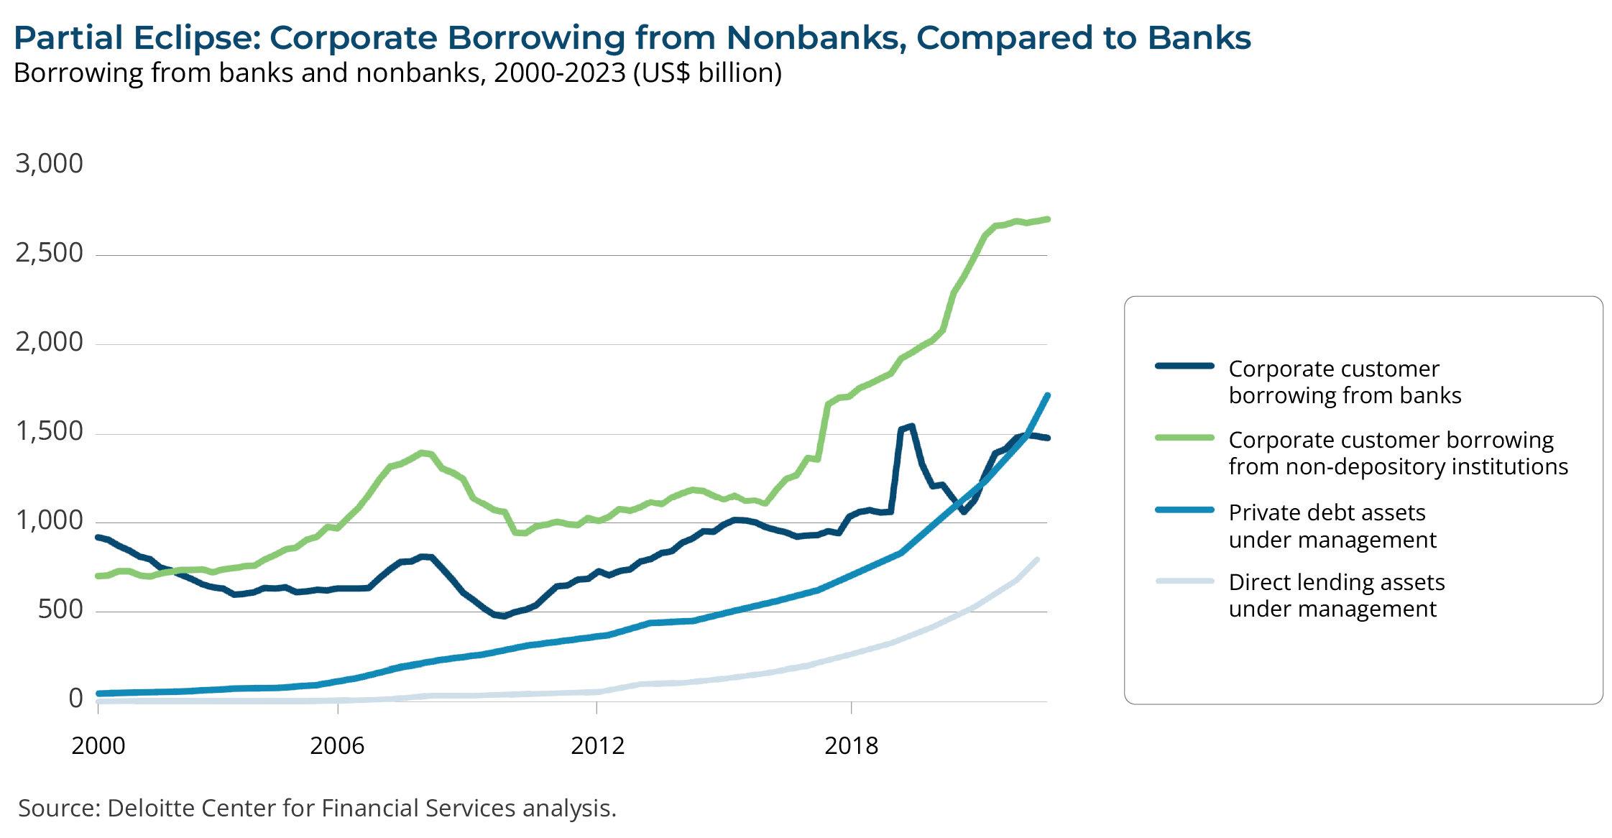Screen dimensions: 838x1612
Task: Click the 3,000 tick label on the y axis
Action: click(49, 164)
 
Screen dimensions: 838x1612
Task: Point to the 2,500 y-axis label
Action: click(49, 253)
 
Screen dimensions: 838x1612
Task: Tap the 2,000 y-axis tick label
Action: click(49, 342)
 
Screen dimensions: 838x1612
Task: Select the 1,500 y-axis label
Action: click(49, 431)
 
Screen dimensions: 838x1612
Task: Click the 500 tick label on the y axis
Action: click(60, 609)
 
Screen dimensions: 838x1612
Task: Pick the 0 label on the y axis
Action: click(75, 699)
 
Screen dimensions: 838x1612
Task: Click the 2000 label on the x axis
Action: click(98, 746)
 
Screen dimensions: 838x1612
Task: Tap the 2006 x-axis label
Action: click(337, 746)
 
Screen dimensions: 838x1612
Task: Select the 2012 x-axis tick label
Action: click(597, 746)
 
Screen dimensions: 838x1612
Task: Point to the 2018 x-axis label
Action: click(851, 746)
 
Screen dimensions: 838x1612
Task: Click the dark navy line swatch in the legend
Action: click(1184, 366)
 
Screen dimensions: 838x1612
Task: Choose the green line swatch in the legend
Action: click(1184, 437)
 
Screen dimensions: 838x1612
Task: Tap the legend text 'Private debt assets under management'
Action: click(1332, 526)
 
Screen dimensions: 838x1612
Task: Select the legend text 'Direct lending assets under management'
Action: click(1336, 595)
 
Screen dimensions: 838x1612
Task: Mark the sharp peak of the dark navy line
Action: click(911, 426)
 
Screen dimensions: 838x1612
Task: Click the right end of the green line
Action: click(1047, 219)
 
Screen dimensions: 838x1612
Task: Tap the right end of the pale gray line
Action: click(1037, 559)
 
